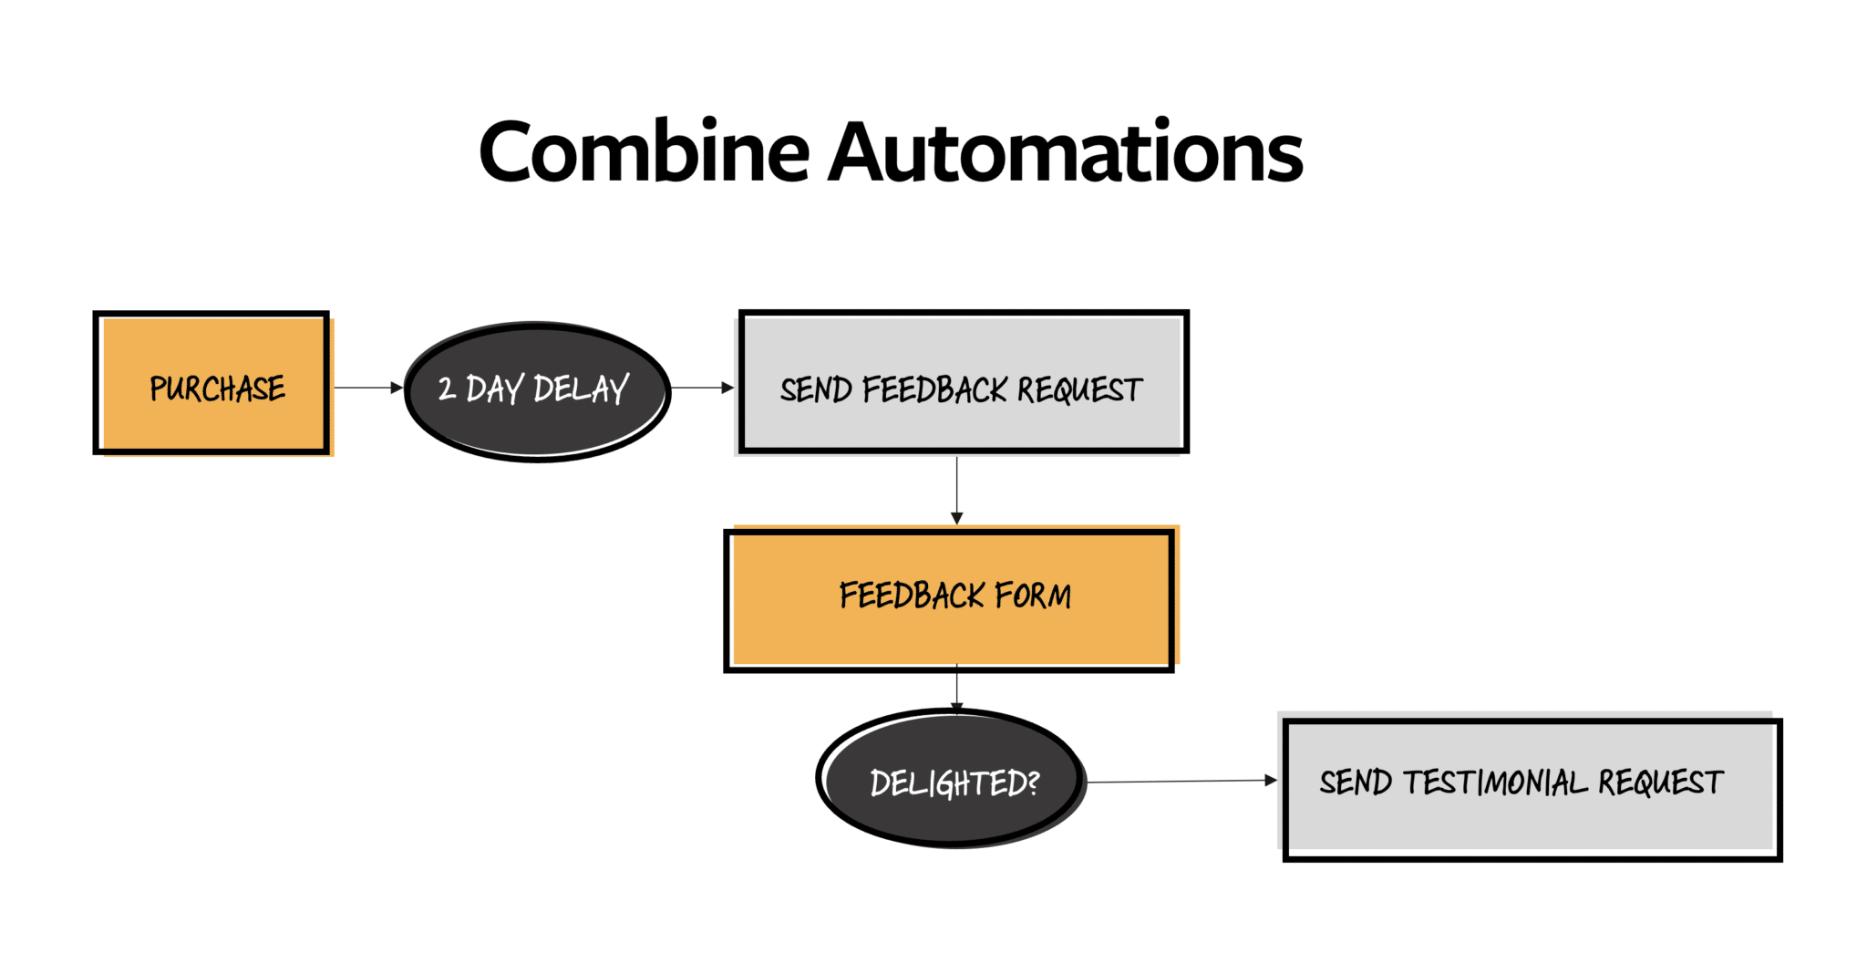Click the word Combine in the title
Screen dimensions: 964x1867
coord(644,152)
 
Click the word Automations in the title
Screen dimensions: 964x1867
coord(1066,152)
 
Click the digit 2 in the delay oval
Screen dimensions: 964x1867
coord(447,389)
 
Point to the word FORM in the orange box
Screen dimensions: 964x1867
coord(1033,596)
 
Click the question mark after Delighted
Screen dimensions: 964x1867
coord(1032,782)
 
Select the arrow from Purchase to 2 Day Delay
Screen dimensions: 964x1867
coord(367,388)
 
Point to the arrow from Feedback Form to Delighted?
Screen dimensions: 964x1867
coord(956,689)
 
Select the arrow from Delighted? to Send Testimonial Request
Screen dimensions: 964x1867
coord(1181,781)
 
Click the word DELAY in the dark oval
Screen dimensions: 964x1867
coord(581,389)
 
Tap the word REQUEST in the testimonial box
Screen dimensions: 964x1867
coord(1660,783)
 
